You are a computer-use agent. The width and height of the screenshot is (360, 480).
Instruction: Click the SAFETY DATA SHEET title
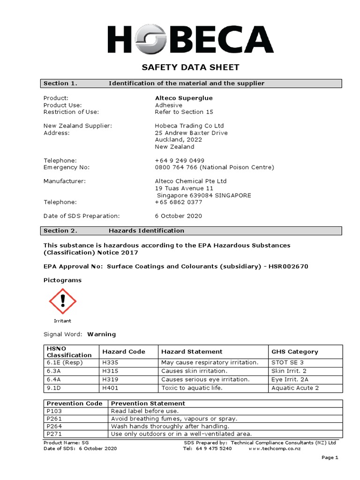[x=190, y=67]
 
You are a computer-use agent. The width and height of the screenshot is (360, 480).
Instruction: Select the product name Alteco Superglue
[x=183, y=98]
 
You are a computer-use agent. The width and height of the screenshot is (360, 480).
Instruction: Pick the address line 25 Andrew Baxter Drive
[x=185, y=133]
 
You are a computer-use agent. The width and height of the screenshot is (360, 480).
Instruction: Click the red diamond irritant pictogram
[x=62, y=302]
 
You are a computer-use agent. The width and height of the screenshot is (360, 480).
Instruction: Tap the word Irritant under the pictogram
[x=62, y=321]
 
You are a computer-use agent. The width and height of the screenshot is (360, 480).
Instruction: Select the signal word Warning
[x=101, y=334]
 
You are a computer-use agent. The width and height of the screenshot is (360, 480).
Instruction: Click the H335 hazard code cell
[x=109, y=362]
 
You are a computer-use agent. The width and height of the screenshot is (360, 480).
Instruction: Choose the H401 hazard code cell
[x=109, y=388]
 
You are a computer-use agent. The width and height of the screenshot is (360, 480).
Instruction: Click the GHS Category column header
[x=294, y=352]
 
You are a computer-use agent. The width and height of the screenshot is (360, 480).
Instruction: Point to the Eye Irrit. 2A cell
[x=290, y=379]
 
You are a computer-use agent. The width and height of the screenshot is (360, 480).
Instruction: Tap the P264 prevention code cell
[x=54, y=426]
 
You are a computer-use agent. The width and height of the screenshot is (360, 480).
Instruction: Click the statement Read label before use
[x=144, y=411]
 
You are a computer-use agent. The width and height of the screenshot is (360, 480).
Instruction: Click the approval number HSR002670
[x=289, y=266]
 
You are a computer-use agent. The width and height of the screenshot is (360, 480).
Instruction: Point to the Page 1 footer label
[x=330, y=457]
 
